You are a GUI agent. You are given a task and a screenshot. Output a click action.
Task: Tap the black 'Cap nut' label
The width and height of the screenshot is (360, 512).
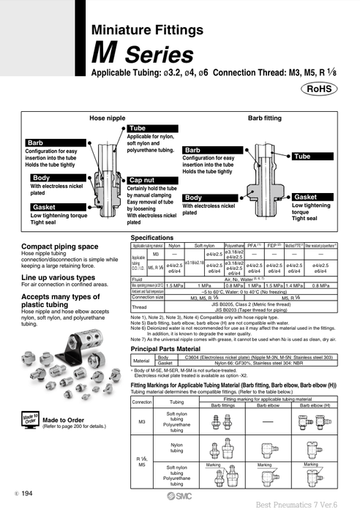point(140,179)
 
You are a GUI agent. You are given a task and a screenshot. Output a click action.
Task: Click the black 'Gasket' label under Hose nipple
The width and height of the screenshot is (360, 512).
point(43,207)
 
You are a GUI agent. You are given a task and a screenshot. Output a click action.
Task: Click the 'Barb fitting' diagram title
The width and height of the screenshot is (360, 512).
point(265,117)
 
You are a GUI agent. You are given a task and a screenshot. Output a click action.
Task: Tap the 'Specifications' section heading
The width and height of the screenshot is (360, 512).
point(157,238)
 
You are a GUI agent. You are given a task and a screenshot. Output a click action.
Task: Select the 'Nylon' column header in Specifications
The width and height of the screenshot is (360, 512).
point(175,246)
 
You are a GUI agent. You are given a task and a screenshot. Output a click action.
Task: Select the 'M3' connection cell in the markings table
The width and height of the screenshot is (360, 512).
point(141,422)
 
